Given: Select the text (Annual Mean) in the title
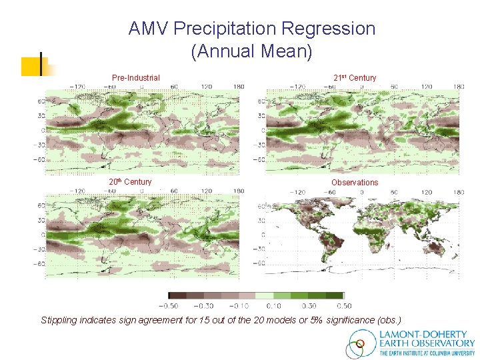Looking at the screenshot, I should [x=251, y=51].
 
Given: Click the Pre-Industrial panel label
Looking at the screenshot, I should [x=135, y=78].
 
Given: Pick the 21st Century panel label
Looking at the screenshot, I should [x=355, y=78].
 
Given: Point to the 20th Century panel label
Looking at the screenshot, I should [x=130, y=182].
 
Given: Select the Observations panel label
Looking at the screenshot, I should [x=355, y=183].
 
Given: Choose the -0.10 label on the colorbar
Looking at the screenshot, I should [x=241, y=305].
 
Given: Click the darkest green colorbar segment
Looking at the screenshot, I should [x=335, y=295].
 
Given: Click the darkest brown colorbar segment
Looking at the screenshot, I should [x=177, y=295].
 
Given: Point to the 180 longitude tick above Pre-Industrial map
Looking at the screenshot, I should [x=237, y=87].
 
